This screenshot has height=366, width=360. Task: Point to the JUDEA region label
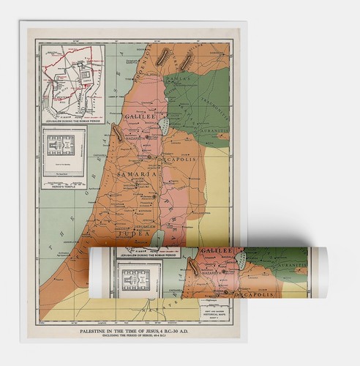pos(117,214)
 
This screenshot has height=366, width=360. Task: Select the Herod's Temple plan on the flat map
pos(64,156)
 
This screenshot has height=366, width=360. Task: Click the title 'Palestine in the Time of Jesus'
pos(135,331)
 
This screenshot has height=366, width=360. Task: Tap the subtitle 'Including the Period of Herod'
pos(135,338)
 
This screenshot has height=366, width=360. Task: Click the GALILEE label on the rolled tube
pos(218,253)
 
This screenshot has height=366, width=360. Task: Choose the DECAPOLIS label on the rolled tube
pos(255,294)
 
